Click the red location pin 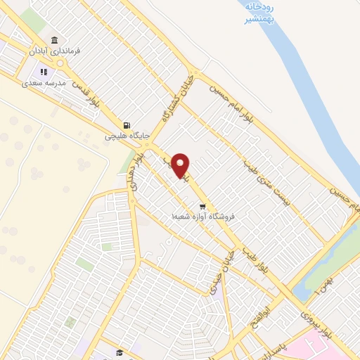181,165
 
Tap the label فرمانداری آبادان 56,51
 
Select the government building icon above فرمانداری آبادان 55,39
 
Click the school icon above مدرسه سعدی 43,71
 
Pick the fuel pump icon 127,124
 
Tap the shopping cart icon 202,207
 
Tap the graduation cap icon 120,352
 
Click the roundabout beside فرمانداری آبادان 61,63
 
